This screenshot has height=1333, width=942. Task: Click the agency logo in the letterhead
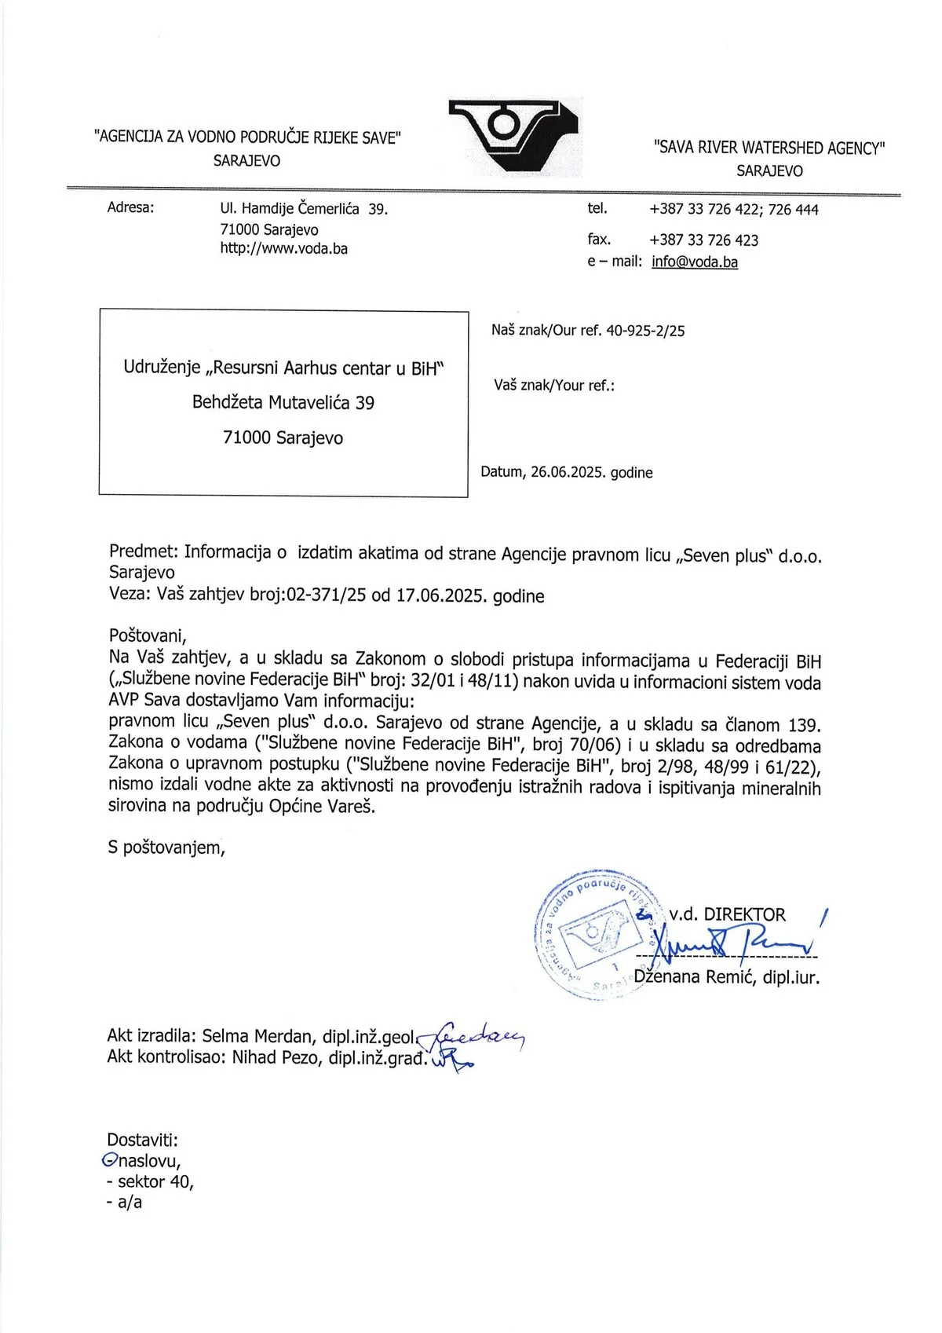tap(514, 135)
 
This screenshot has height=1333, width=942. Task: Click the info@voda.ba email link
tap(695, 262)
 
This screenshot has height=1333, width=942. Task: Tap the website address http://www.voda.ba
tap(283, 249)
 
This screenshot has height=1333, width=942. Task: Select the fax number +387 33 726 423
tap(703, 240)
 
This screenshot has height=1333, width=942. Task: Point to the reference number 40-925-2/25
tap(644, 331)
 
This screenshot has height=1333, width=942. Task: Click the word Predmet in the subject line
tap(143, 552)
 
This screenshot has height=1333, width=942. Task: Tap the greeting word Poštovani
tap(147, 635)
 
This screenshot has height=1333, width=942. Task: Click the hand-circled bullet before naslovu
tap(110, 1159)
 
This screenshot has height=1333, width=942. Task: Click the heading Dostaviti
tap(142, 1139)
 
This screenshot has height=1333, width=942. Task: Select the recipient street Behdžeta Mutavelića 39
tap(283, 403)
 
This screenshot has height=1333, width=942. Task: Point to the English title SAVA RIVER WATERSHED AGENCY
tap(769, 148)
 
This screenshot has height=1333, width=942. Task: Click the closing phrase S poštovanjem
tap(166, 847)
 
